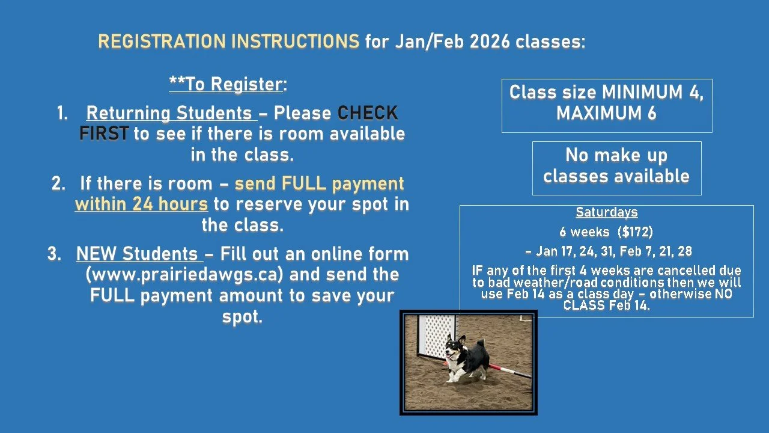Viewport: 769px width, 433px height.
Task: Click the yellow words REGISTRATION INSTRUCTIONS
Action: pyautogui.click(x=228, y=42)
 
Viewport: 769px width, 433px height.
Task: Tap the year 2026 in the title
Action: pyautogui.click(x=491, y=42)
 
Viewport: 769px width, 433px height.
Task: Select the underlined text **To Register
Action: pyautogui.click(x=225, y=84)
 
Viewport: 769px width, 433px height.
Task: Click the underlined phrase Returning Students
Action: pyautogui.click(x=169, y=113)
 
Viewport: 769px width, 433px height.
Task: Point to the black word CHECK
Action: pyautogui.click(x=368, y=113)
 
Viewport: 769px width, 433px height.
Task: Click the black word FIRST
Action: pyautogui.click(x=104, y=134)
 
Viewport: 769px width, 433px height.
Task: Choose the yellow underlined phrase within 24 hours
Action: pyautogui.click(x=141, y=204)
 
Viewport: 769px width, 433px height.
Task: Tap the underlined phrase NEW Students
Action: pyautogui.click(x=137, y=254)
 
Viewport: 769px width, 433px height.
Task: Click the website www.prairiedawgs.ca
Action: pyautogui.click(x=184, y=275)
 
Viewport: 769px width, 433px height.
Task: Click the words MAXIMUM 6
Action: pyautogui.click(x=606, y=114)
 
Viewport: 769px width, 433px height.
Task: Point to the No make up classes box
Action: pyautogui.click(x=616, y=167)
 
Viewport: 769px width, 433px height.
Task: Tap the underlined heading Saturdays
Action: pyautogui.click(x=606, y=212)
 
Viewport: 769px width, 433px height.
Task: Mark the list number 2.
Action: pyautogui.click(x=58, y=184)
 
